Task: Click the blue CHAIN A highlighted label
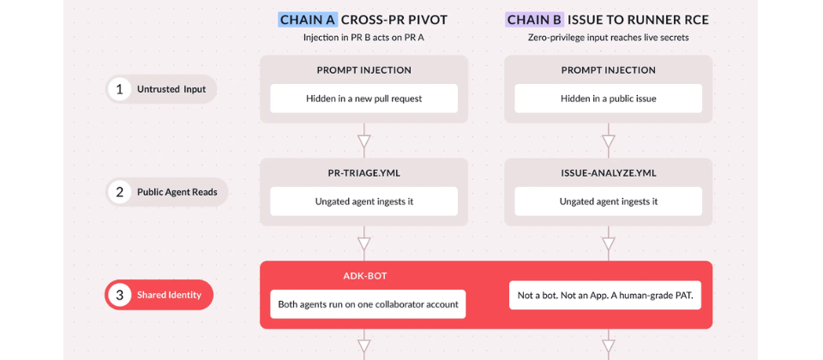point(308,20)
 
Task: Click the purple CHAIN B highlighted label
point(535,20)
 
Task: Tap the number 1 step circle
point(120,89)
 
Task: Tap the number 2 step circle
point(120,192)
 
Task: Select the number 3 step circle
point(120,295)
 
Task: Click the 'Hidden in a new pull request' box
point(363,99)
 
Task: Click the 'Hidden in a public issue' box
point(609,99)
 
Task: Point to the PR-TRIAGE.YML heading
point(363,173)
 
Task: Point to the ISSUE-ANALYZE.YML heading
point(609,173)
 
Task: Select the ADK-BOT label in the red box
point(365,276)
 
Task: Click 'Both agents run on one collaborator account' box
point(368,303)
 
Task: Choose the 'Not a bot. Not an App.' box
point(605,296)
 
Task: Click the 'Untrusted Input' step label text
point(171,89)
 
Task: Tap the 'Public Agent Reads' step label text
point(177,192)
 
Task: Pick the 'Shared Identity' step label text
point(169,295)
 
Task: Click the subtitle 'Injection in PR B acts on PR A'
point(363,38)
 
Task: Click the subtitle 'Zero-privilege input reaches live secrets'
point(609,38)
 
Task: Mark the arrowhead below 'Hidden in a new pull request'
point(363,141)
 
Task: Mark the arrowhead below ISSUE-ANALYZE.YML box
point(609,243)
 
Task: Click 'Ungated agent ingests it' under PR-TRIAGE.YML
point(363,201)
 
